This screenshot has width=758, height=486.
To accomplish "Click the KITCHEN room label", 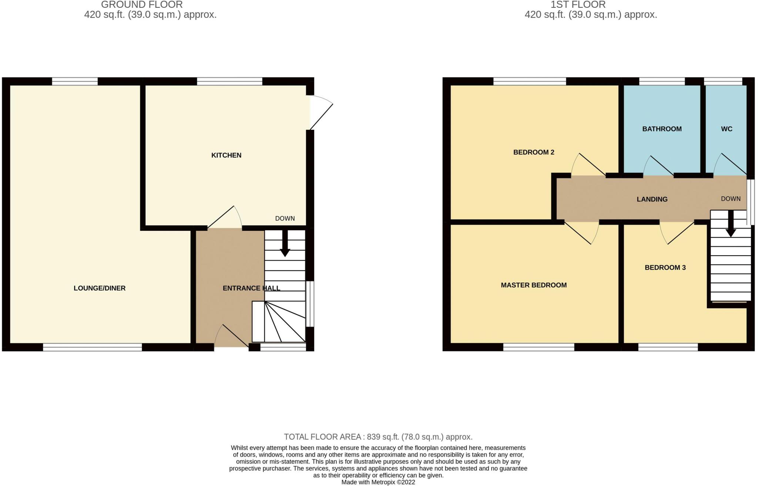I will click(226, 155).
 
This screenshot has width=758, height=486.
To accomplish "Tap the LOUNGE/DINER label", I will click(100, 288).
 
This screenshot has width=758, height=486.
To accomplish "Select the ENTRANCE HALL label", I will click(251, 288).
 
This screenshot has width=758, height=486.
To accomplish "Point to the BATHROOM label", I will click(662, 129).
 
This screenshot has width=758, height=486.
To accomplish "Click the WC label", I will click(727, 129).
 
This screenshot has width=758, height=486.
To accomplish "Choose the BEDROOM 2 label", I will click(534, 152).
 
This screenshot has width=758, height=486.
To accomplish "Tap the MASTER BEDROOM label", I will click(534, 285).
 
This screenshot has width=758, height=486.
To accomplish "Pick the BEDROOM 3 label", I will click(665, 267).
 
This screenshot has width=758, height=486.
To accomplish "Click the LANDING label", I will click(652, 199).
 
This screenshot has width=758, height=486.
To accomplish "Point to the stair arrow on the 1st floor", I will click(731, 224).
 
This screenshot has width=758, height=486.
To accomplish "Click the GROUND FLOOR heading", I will click(142, 5).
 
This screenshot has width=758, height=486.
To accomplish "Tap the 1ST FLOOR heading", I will click(578, 5).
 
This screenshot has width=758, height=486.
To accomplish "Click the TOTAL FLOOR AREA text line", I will click(378, 437).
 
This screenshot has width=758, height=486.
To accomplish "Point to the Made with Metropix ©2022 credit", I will click(378, 482).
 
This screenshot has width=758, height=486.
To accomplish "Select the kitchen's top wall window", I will click(229, 81).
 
